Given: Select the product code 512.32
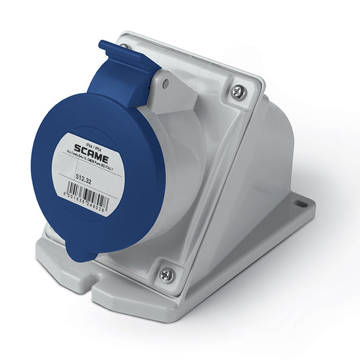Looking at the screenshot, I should click(85, 177).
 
